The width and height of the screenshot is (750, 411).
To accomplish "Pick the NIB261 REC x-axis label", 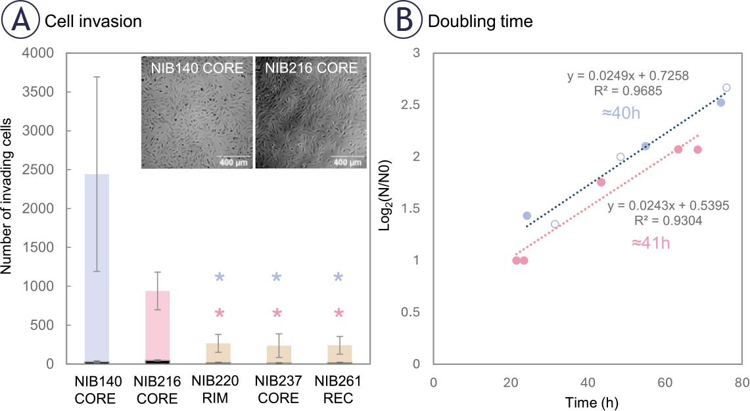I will (338, 390).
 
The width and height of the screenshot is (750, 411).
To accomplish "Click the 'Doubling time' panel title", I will (480, 22).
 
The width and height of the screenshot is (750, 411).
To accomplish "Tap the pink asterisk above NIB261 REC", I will (338, 313).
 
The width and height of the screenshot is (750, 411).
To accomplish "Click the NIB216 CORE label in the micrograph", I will (306, 67).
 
